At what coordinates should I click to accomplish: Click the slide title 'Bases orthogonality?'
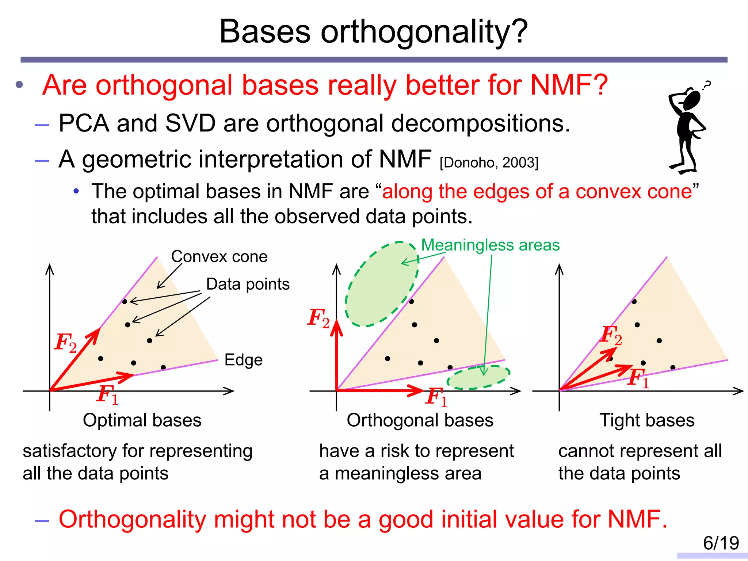[x=373, y=32]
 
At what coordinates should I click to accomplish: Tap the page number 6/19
[x=721, y=543]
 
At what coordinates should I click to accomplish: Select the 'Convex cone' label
[x=219, y=257]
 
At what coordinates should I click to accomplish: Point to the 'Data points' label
[x=248, y=284]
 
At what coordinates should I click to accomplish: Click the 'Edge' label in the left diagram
[x=243, y=360]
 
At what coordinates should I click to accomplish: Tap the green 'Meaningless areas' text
[x=490, y=245]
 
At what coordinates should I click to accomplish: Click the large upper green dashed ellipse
[x=382, y=284]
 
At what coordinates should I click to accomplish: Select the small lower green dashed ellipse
[x=478, y=377]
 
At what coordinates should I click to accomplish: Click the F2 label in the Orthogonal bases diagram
[x=318, y=318]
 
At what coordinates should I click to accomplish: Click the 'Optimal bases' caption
[x=142, y=420]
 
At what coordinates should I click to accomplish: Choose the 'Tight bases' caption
[x=647, y=420]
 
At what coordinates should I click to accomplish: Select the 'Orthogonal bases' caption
[x=420, y=420]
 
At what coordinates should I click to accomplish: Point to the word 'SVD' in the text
[x=190, y=123]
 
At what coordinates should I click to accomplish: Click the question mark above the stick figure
[x=707, y=85]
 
